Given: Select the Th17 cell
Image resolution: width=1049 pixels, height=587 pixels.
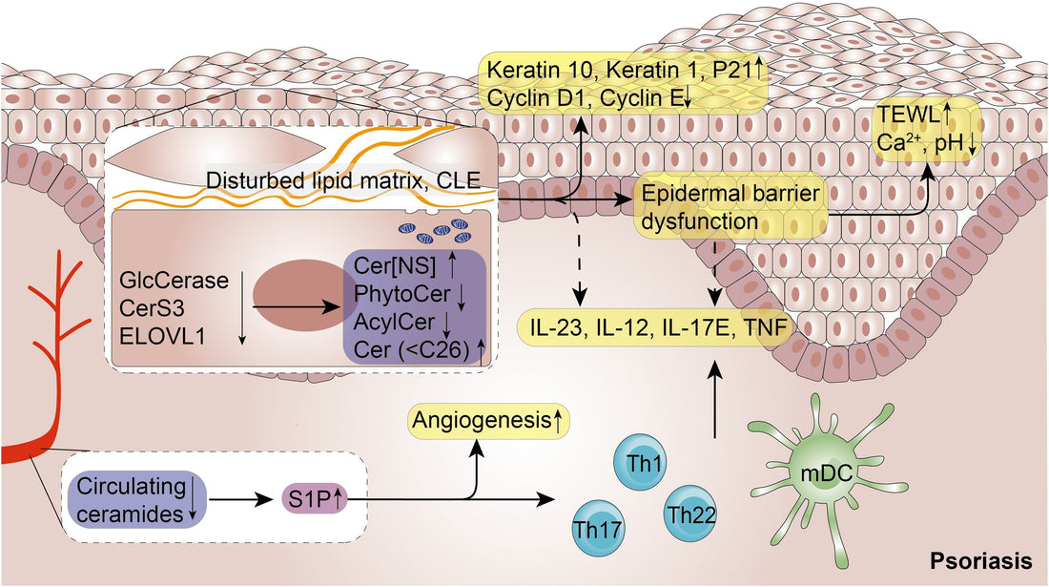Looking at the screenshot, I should tap(601, 527).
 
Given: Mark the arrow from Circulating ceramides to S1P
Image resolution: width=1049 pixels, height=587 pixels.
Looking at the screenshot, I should tap(240, 499).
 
